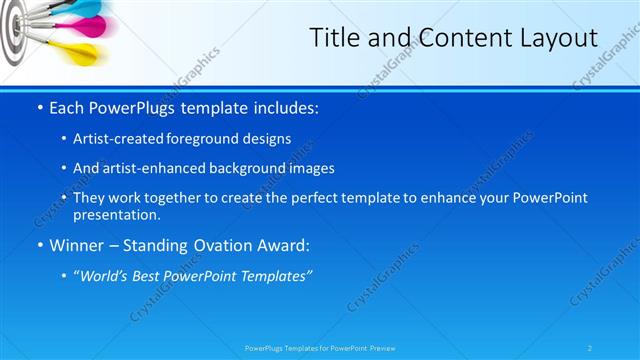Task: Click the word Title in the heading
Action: coord(335,38)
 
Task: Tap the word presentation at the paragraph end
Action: coord(114,214)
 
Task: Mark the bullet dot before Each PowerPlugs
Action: coord(39,105)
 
